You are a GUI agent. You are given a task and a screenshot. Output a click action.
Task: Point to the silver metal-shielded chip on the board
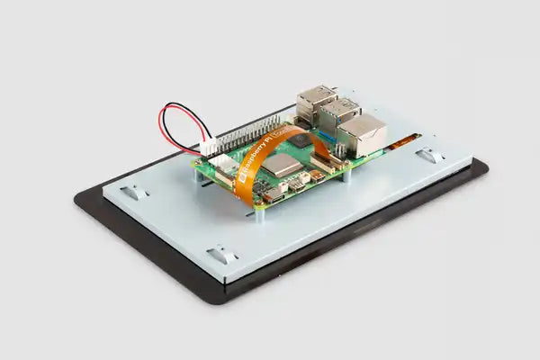[281, 165]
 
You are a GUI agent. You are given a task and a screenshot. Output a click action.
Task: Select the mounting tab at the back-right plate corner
[430, 155]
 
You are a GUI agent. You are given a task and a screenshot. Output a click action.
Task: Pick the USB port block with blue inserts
[339, 114]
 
